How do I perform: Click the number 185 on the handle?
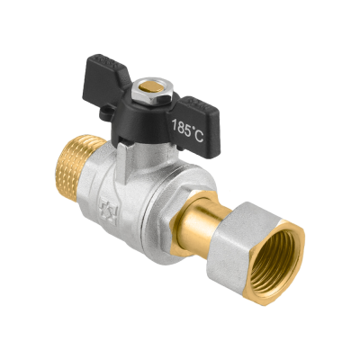[x=180, y=128]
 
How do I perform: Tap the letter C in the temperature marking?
[x=199, y=137]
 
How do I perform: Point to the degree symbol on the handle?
[x=192, y=129]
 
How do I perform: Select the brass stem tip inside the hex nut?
[x=148, y=87]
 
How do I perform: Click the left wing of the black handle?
[x=105, y=79]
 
